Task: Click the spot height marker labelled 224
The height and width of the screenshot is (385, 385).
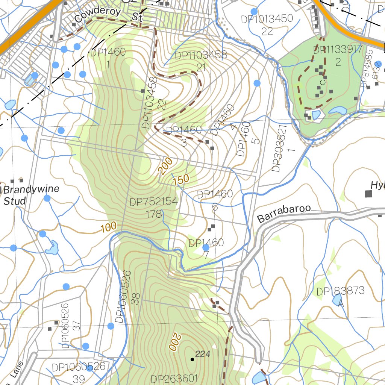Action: click(x=192, y=359)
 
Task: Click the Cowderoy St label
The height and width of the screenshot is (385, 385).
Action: click(x=107, y=15)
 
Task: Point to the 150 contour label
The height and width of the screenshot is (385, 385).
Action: click(x=181, y=180)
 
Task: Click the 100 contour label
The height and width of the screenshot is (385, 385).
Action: click(x=109, y=227)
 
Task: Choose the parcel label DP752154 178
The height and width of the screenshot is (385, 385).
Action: click(x=153, y=208)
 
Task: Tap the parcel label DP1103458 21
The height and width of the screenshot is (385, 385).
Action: click(x=201, y=61)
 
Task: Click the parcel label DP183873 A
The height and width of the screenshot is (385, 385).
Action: click(x=341, y=296)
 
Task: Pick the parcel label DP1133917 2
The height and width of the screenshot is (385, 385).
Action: click(x=338, y=55)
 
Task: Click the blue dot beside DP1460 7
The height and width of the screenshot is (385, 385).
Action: click(x=206, y=248)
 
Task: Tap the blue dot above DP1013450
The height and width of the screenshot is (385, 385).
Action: click(x=254, y=12)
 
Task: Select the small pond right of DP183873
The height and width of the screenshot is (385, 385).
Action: click(x=337, y=300)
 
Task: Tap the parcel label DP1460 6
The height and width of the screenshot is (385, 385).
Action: click(x=215, y=200)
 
